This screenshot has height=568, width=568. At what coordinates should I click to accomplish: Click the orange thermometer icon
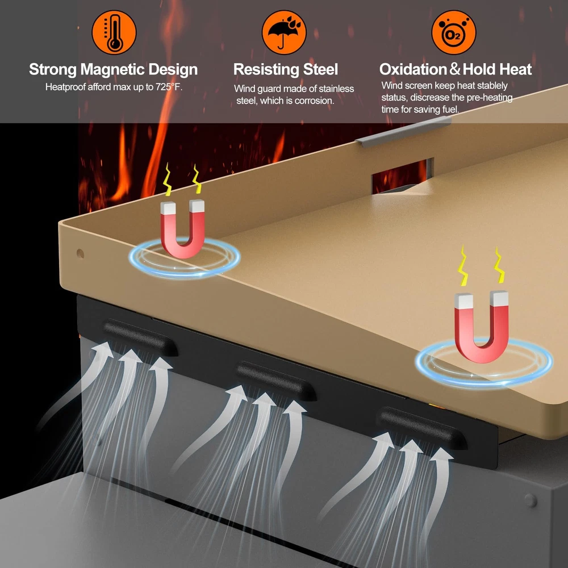pos(114,32)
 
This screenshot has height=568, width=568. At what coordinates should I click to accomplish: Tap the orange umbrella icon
pos(284,32)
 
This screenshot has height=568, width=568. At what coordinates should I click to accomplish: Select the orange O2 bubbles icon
pos(453,32)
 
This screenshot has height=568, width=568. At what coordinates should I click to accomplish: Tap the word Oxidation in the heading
pos(414,69)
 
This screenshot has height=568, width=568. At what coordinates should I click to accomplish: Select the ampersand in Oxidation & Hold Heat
pos(455,69)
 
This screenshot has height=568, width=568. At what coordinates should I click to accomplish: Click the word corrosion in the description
pos(314,101)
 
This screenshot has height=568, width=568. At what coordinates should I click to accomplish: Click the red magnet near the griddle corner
pos(182,228)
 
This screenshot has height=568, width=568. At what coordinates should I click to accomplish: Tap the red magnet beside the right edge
pos(482,326)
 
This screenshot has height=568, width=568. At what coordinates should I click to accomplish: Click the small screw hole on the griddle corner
pos(80,253)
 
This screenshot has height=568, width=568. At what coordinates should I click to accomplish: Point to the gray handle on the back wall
pos(403,132)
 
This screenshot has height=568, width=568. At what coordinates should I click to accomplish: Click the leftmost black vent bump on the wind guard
pos(140,337)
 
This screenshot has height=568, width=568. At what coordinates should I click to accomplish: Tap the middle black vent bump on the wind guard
pos(276,381)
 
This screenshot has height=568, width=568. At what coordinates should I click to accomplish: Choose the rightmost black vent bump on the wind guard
pos(422,428)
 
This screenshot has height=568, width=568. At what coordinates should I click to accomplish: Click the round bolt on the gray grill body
pos(531,500)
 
